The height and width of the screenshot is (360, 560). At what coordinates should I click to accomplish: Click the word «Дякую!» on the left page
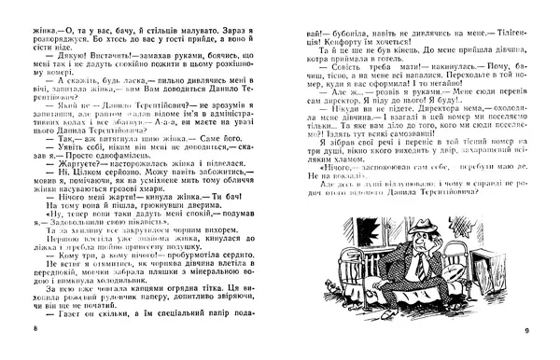tap(58, 56)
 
